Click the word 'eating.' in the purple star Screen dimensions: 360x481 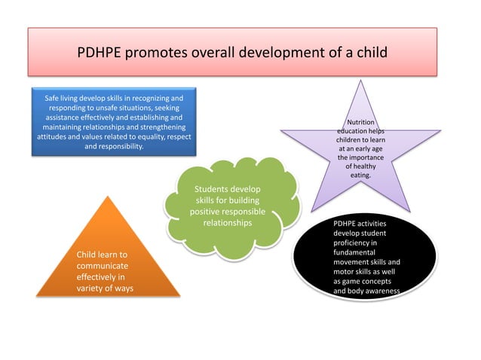(360, 175)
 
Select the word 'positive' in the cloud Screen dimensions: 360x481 (208, 212)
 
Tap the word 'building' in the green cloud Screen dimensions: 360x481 (241, 200)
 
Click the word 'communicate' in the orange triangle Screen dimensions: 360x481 (103, 266)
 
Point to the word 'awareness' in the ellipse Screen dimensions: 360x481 (381, 291)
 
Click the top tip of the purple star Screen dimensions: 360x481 (360, 81)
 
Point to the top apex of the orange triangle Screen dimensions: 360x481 (109, 197)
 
